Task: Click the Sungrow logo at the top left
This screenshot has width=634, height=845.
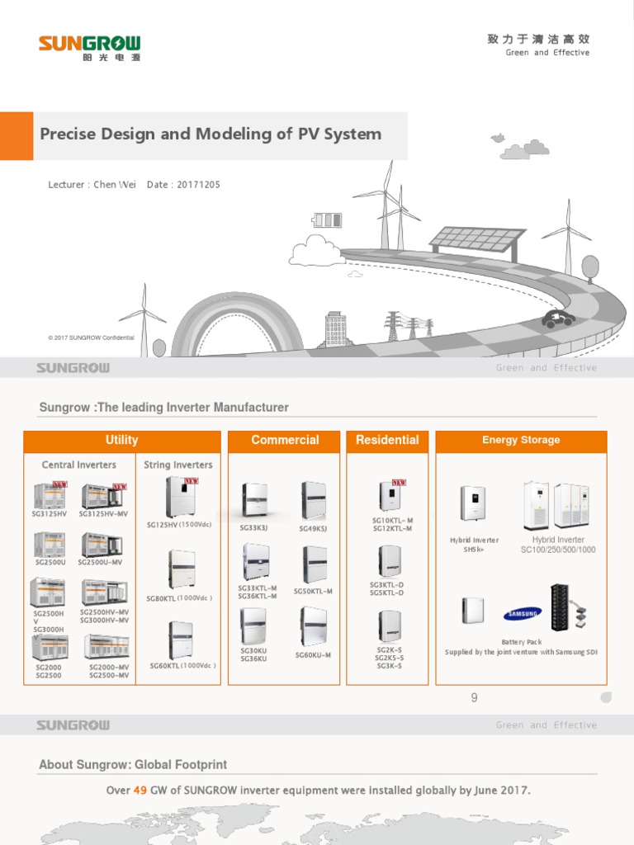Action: [x=89, y=46]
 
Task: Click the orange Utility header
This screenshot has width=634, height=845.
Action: [x=121, y=441]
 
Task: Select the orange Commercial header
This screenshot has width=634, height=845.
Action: [x=285, y=441]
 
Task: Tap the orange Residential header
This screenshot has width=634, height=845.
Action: [x=387, y=441]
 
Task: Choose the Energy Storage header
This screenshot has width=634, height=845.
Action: [x=521, y=441]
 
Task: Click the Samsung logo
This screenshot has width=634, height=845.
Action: [x=522, y=614]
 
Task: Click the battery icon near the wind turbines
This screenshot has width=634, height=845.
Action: [x=327, y=220]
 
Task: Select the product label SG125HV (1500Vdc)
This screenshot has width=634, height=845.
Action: [x=181, y=525]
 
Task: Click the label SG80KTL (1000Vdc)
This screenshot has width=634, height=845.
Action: [x=179, y=598]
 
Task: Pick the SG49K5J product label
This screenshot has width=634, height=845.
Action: [x=313, y=529]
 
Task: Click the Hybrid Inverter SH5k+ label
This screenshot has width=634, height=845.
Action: [x=475, y=545]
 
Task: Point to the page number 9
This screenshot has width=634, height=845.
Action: [x=474, y=698]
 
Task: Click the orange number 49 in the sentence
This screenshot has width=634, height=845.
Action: [x=140, y=791]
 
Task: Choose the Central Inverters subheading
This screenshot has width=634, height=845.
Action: [x=79, y=465]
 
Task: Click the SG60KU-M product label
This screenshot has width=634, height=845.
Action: [x=313, y=655]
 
